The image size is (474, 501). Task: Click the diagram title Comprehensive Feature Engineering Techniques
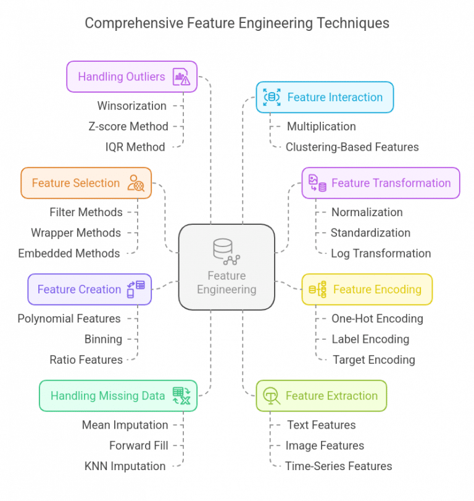237,23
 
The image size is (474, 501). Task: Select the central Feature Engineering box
227,267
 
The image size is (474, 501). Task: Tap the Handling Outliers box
131,77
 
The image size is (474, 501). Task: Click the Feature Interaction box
325,97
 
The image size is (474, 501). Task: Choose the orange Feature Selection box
86,183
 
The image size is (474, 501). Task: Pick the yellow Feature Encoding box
367,289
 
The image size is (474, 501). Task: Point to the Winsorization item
131,106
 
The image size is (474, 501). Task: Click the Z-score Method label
128,126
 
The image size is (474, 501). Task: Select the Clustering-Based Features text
352,147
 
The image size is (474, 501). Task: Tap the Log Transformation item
380,253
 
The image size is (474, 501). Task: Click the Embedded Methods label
69,253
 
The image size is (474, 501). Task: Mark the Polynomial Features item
69,319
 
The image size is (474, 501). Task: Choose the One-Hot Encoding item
377,319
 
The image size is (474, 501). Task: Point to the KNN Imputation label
125,466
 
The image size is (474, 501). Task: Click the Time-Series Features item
338,466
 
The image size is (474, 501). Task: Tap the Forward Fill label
138,445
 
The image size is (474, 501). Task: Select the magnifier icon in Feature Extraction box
270,396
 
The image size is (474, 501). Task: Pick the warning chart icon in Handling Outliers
181,77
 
